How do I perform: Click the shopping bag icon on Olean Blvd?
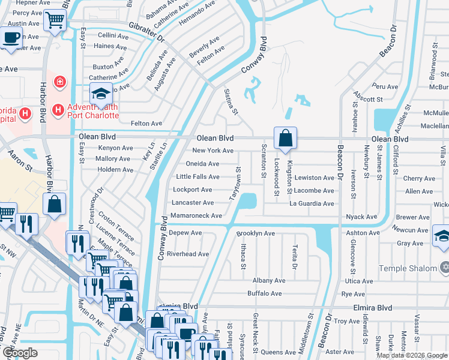[286, 138]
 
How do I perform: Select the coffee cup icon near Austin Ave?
[11, 37]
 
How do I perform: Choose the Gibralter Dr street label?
[146, 31]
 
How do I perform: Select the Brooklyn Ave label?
[255, 233]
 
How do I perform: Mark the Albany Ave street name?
[268, 280]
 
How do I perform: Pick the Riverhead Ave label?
[187, 254]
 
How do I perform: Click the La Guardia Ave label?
[312, 204]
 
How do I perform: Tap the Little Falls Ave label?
[197, 177]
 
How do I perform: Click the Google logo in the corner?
[20, 352]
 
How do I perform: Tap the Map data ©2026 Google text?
[412, 355]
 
